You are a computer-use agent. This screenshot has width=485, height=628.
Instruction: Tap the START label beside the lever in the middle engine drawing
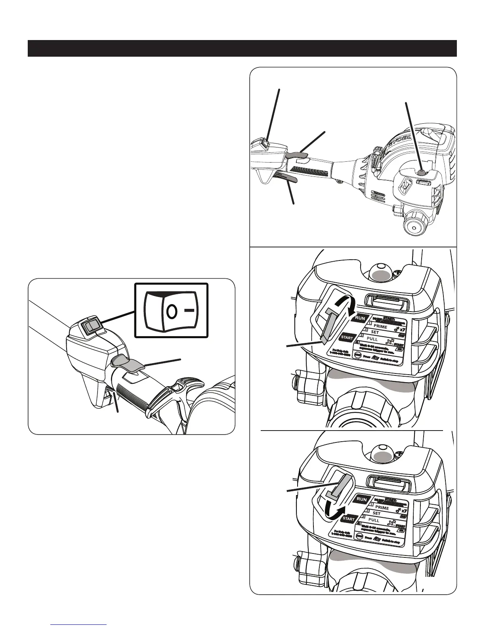[x=347, y=338]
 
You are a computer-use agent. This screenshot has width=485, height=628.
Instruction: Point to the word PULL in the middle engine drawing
[x=373, y=339]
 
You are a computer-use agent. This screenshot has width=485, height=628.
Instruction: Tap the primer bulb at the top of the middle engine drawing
[x=381, y=272]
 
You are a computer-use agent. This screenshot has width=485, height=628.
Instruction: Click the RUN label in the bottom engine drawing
[x=362, y=500]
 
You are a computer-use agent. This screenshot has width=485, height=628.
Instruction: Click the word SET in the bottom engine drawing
[x=376, y=513]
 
